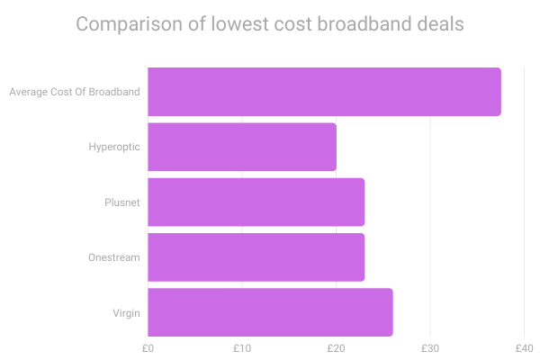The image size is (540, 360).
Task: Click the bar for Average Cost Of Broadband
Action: click(324, 92)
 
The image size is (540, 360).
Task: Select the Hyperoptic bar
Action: click(242, 147)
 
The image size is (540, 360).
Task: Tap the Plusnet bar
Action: click(256, 202)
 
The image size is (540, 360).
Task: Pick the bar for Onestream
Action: click(256, 256)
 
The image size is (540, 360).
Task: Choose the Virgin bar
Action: click(270, 311)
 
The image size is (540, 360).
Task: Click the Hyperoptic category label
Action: click(114, 147)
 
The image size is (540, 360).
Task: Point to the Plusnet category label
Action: click(122, 202)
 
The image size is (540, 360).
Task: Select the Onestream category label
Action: click(114, 257)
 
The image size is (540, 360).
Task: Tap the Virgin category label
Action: click(127, 312)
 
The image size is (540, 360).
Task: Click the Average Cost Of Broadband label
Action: click(74, 92)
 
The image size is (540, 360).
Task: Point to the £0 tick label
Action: click(148, 347)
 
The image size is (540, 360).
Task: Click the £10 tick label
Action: click(241, 347)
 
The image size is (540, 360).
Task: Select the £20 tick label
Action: click(336, 347)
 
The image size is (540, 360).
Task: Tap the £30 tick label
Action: click(430, 347)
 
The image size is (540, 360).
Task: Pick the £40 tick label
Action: click(524, 347)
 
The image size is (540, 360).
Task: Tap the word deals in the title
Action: click(440, 24)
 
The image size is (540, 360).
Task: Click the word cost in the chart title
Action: click(293, 24)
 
